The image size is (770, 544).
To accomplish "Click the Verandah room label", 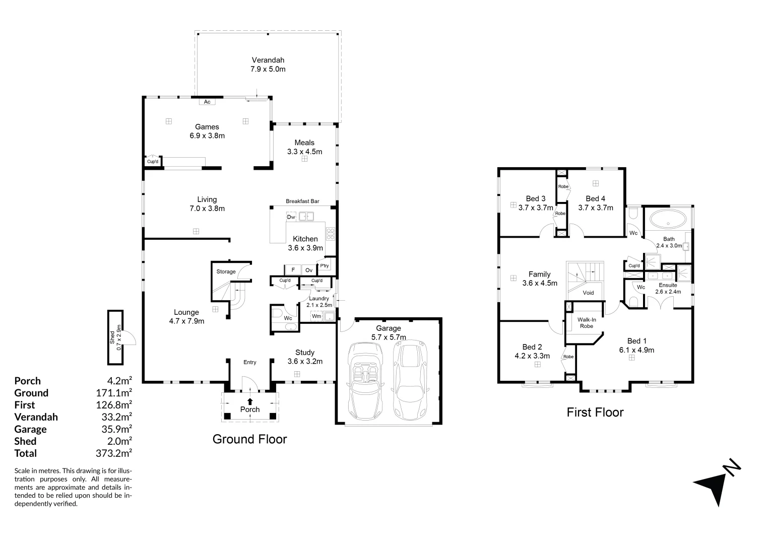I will (268, 64).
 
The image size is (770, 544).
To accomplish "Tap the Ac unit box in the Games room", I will (207, 102).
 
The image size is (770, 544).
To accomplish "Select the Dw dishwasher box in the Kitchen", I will (291, 217).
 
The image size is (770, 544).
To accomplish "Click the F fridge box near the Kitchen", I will (293, 270).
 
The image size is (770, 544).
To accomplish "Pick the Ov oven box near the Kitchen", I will (309, 270).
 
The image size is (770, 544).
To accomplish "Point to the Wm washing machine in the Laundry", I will (316, 316).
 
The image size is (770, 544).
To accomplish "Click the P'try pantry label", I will (324, 265).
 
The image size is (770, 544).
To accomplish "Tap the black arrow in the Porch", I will (250, 401).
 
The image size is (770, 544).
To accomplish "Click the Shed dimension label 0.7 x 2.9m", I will (119, 337).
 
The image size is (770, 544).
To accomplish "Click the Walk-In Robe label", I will (586, 322).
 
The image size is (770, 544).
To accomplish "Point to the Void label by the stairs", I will (588, 293).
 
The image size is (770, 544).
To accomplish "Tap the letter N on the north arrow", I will (732, 467).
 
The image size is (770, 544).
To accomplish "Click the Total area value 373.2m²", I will (114, 453).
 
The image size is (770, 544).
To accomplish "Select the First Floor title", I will (595, 413).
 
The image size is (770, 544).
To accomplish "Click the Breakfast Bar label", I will (302, 201).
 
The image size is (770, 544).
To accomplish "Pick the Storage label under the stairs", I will (226, 271).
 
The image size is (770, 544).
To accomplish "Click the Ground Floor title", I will (249, 439).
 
